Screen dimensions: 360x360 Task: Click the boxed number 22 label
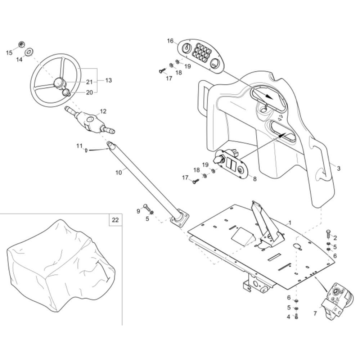click(115, 220)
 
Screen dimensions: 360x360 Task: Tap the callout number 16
click(170, 41)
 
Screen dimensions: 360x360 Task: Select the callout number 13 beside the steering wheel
click(108, 80)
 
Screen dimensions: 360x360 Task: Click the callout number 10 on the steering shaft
click(119, 172)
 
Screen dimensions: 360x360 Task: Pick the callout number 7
click(315, 314)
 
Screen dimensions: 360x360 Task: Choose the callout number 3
click(338, 168)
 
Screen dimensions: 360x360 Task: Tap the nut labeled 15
click(21, 44)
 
